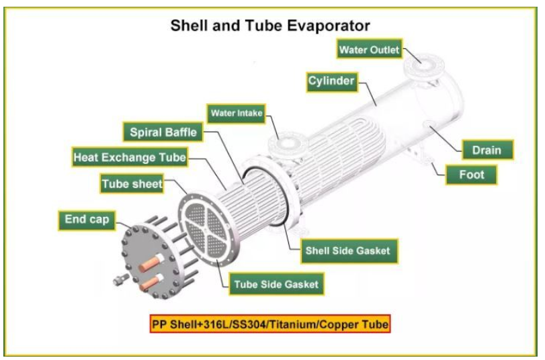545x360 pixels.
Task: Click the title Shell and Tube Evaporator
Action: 269,26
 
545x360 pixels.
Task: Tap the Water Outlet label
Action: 369,50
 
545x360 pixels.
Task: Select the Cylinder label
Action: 331,82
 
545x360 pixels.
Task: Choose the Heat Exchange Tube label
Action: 130,158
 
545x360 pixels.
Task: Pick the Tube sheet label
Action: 132,183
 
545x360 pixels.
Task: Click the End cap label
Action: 87,219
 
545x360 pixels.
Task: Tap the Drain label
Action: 486,150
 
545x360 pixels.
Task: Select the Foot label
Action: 471,175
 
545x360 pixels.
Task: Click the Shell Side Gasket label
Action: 347,251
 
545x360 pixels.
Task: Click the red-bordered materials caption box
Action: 270,324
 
